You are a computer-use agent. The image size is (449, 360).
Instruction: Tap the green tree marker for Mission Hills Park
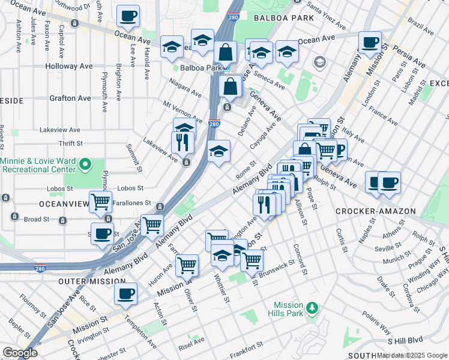[311, 308]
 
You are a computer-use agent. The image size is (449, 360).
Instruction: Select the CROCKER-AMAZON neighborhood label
[367, 211]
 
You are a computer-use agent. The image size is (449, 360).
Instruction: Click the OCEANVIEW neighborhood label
[28, 203]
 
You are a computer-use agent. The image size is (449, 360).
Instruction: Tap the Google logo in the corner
[19, 353]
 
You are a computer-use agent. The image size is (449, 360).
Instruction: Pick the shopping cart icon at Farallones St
[100, 202]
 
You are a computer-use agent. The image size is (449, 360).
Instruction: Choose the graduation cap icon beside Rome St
[219, 152]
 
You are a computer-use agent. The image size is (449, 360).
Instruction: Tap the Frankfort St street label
[246, 346]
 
